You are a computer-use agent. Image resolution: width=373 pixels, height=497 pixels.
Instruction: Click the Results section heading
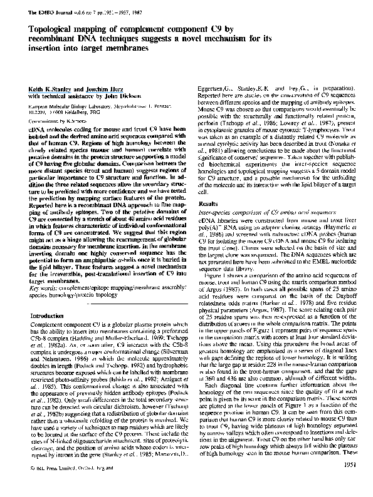[x=208, y=204]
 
